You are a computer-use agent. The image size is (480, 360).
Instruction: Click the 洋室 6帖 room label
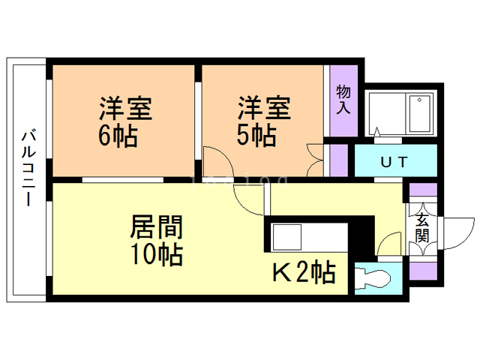point(126,122)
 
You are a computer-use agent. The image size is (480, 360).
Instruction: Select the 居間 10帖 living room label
point(157,239)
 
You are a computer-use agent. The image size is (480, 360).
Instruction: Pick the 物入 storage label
point(343,100)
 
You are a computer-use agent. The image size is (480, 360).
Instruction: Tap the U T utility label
point(394,160)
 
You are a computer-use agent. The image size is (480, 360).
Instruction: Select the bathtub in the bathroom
point(421,113)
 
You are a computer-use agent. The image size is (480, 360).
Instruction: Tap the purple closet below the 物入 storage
point(340,159)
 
